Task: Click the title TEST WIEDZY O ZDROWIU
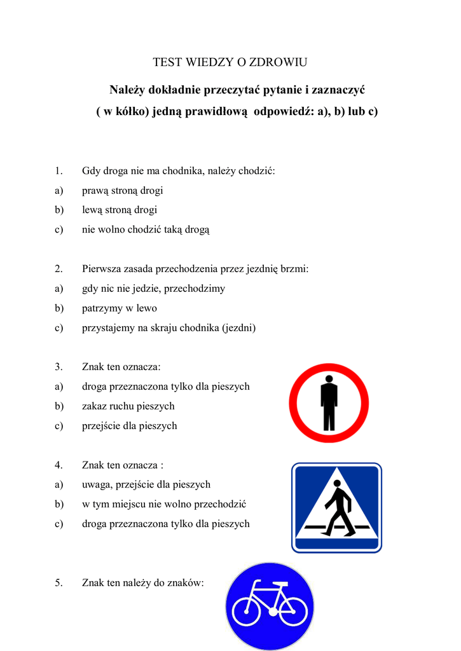tap(230, 62)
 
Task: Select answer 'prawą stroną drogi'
tap(122, 191)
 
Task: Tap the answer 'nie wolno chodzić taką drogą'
tap(146, 230)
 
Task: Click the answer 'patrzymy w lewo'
tap(119, 308)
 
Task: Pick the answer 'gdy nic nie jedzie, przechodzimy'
tap(153, 289)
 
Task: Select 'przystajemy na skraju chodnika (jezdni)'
tap(169, 328)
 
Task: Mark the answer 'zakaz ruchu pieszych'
tap(128, 406)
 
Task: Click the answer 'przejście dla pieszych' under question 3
tap(129, 426)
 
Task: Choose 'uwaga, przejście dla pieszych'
tap(146, 484)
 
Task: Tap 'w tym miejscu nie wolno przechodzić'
tap(164, 504)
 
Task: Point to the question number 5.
tap(58, 582)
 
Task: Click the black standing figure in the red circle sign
tap(329, 402)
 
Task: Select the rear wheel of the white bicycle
tap(247, 612)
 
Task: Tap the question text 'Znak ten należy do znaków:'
tap(143, 582)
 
